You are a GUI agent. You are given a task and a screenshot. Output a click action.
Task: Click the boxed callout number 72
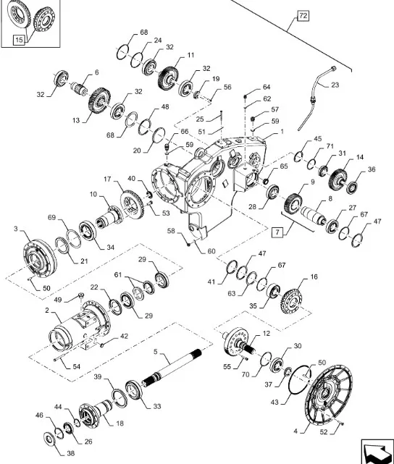(303, 16)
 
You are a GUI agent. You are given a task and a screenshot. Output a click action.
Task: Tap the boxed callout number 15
(19, 40)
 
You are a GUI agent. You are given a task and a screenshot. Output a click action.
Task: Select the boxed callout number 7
(277, 232)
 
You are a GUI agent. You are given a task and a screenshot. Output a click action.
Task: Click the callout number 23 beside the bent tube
(335, 85)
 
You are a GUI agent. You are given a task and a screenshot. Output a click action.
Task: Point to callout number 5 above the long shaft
(156, 352)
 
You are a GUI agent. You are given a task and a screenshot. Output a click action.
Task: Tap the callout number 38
(70, 453)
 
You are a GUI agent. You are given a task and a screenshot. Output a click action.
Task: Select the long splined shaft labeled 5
(172, 366)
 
